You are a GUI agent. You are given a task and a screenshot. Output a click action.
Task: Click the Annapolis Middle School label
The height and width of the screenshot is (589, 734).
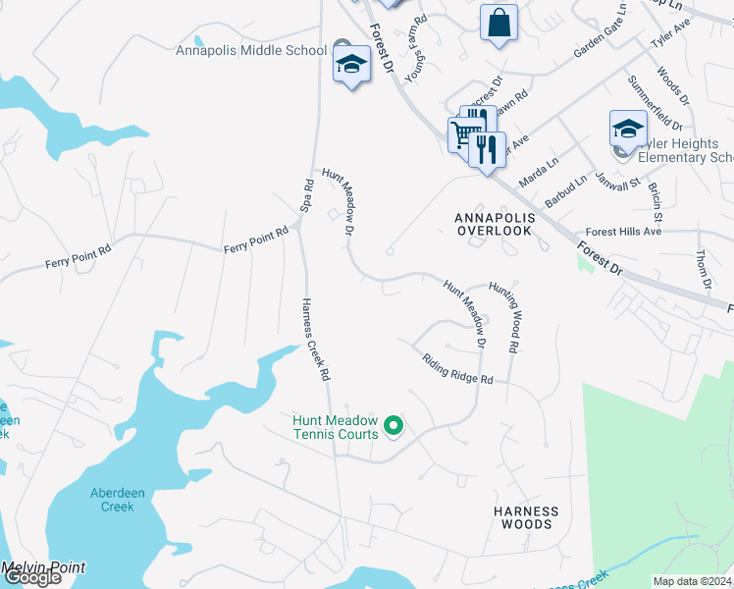pyautogui.click(x=251, y=51)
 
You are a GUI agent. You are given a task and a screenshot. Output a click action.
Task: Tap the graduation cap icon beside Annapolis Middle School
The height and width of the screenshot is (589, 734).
pyautogui.click(x=351, y=65)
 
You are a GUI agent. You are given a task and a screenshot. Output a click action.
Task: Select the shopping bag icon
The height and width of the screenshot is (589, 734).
pyautogui.click(x=498, y=22)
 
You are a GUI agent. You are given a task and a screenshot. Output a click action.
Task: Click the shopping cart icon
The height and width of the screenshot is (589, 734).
pyautogui.click(x=461, y=134)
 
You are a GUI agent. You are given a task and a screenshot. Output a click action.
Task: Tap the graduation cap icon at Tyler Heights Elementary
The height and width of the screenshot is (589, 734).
pyautogui.click(x=628, y=128)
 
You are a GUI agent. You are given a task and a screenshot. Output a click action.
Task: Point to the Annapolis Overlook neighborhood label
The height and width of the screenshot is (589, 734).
pyautogui.click(x=493, y=223)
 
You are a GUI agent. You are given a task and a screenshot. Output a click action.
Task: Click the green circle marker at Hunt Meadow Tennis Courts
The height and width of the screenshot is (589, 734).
pyautogui.click(x=393, y=425)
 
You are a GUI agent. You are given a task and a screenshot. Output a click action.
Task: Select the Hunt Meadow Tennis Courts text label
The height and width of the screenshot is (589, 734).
pyautogui.click(x=335, y=427)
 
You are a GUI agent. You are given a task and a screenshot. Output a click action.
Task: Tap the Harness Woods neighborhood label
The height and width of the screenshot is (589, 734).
pyautogui.click(x=526, y=517)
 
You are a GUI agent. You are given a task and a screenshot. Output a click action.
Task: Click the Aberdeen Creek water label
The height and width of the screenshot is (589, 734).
pyautogui.click(x=111, y=500)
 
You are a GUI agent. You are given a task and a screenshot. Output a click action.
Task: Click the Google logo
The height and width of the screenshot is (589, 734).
pyautogui.click(x=31, y=578)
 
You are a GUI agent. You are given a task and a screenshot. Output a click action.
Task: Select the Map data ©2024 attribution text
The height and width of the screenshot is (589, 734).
pyautogui.click(x=693, y=581)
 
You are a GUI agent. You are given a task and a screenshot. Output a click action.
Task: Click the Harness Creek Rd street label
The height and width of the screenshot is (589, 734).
pyautogui.click(x=314, y=339)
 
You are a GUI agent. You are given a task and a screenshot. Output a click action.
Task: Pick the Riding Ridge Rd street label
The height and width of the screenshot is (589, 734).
pyautogui.click(x=456, y=369)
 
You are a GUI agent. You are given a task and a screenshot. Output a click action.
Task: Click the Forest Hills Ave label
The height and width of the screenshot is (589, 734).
pyautogui.click(x=623, y=232)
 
